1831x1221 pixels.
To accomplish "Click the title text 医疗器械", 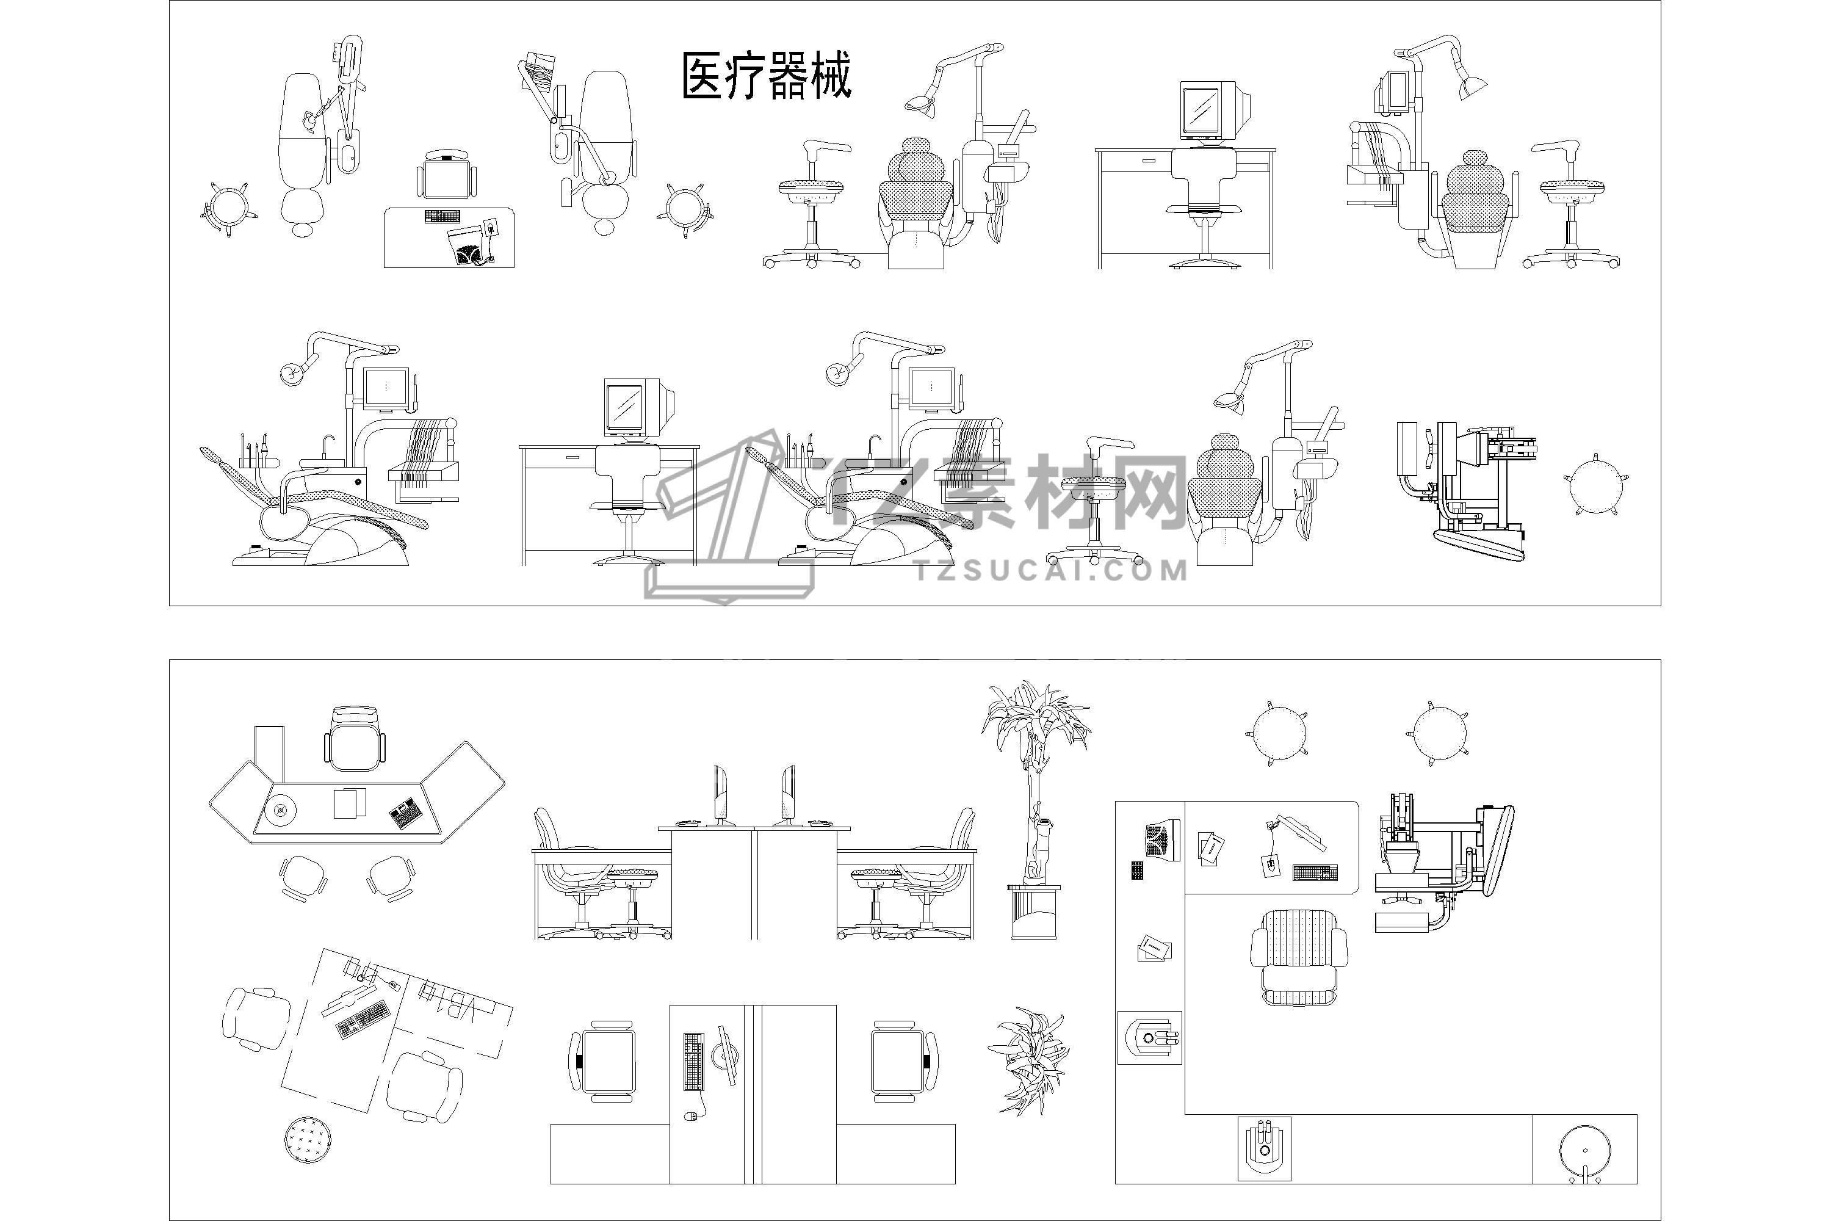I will pos(767,76).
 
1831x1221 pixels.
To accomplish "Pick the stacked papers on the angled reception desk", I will pos(350,803).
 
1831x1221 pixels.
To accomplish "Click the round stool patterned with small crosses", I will pos(308,1139).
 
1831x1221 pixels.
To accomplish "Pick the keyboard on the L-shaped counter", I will pos(1314,872).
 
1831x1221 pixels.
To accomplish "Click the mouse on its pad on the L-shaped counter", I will pos(1271,864).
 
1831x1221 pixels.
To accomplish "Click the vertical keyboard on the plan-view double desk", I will pos(693,1060).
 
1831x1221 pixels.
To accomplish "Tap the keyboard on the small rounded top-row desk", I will pos(441,216).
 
